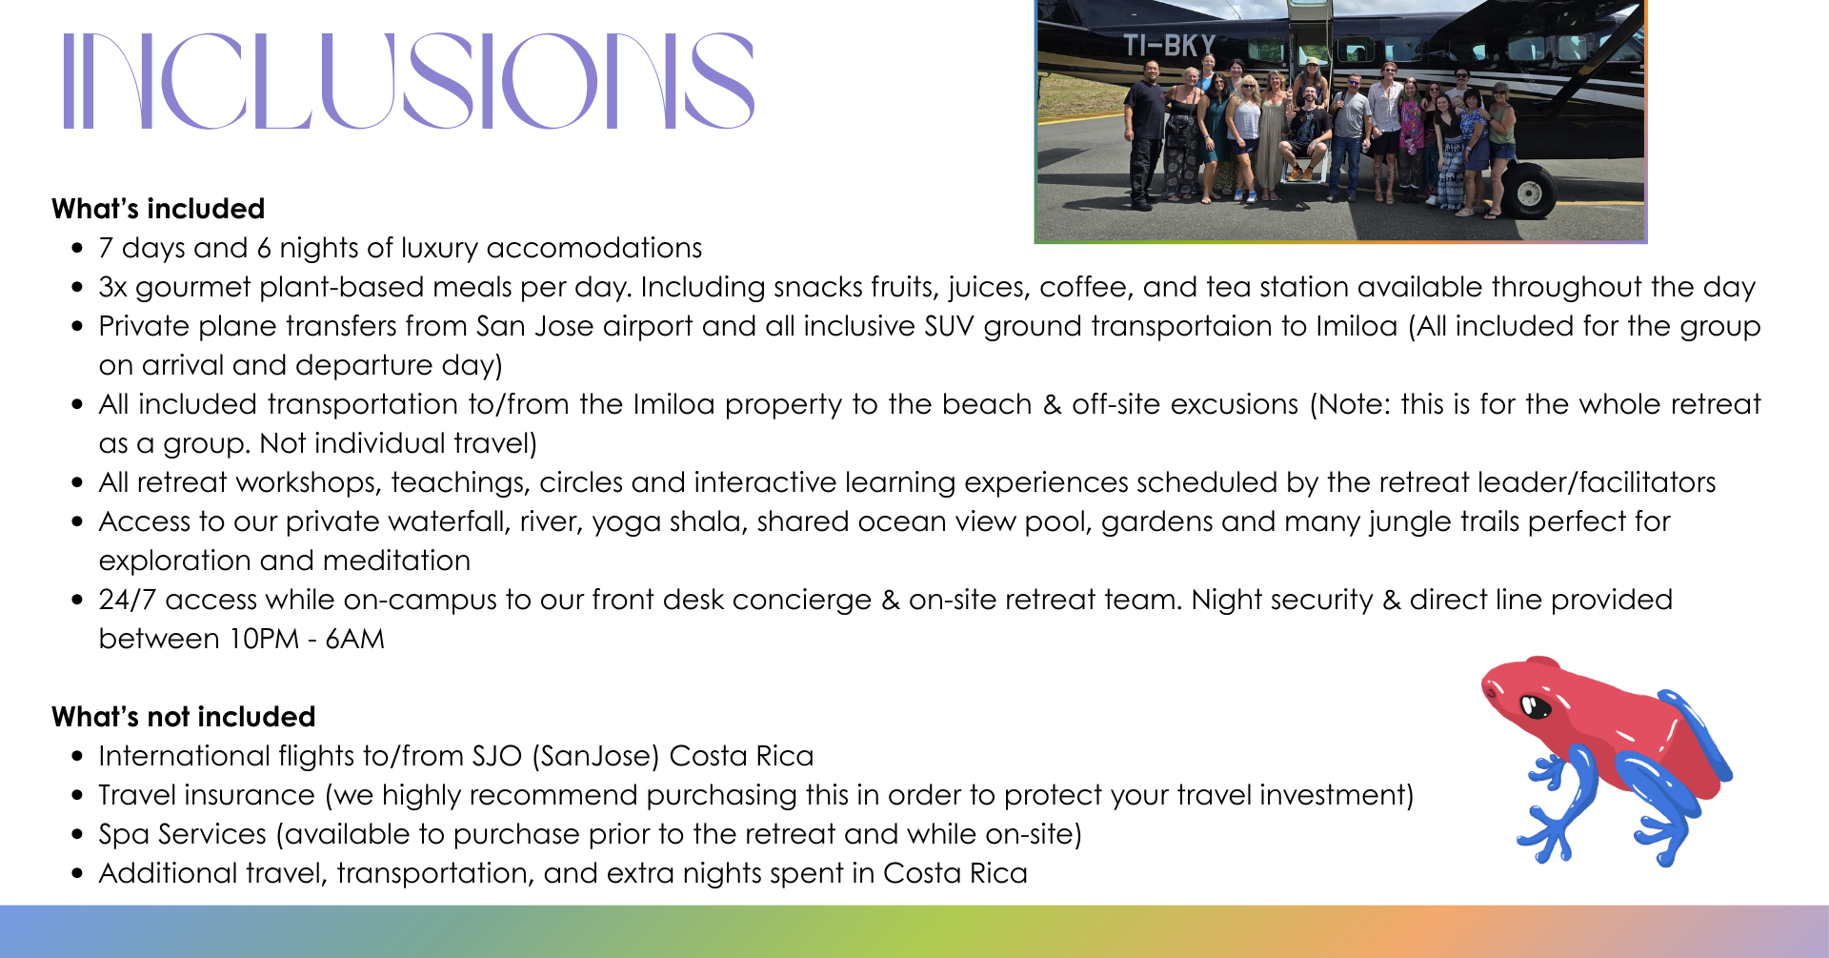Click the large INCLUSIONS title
point(409,81)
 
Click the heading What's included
point(158,209)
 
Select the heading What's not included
point(184,717)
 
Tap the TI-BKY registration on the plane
point(1169,45)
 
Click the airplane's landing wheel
point(1529,193)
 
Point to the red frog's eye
point(1534,706)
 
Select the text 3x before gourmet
point(112,287)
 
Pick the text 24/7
point(128,600)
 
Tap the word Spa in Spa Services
point(125,835)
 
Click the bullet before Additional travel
point(77,874)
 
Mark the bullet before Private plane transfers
point(77,327)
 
